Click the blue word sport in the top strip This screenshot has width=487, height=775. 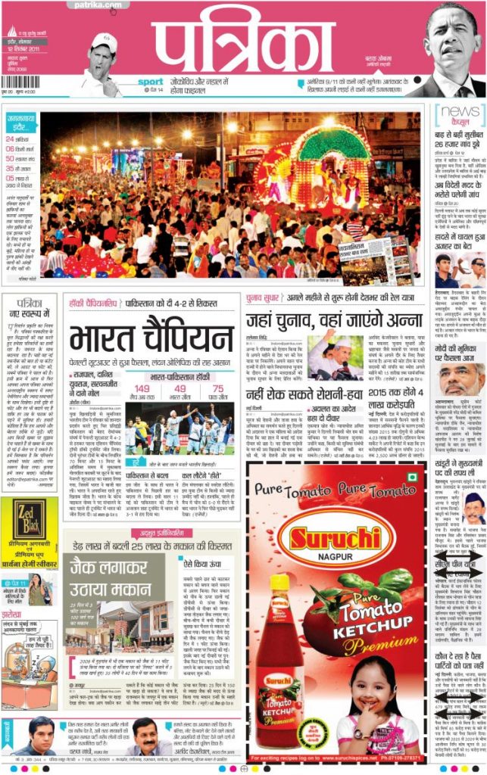tap(150, 82)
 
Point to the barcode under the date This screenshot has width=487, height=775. tap(20, 81)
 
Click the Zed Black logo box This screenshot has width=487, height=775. tap(29, 522)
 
